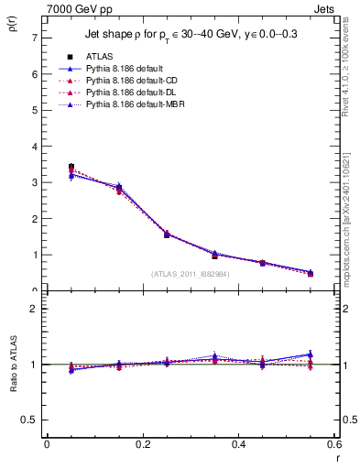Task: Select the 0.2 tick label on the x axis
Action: point(143,443)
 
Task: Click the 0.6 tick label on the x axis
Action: point(334,443)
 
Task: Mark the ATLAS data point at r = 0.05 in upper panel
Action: point(71,167)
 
